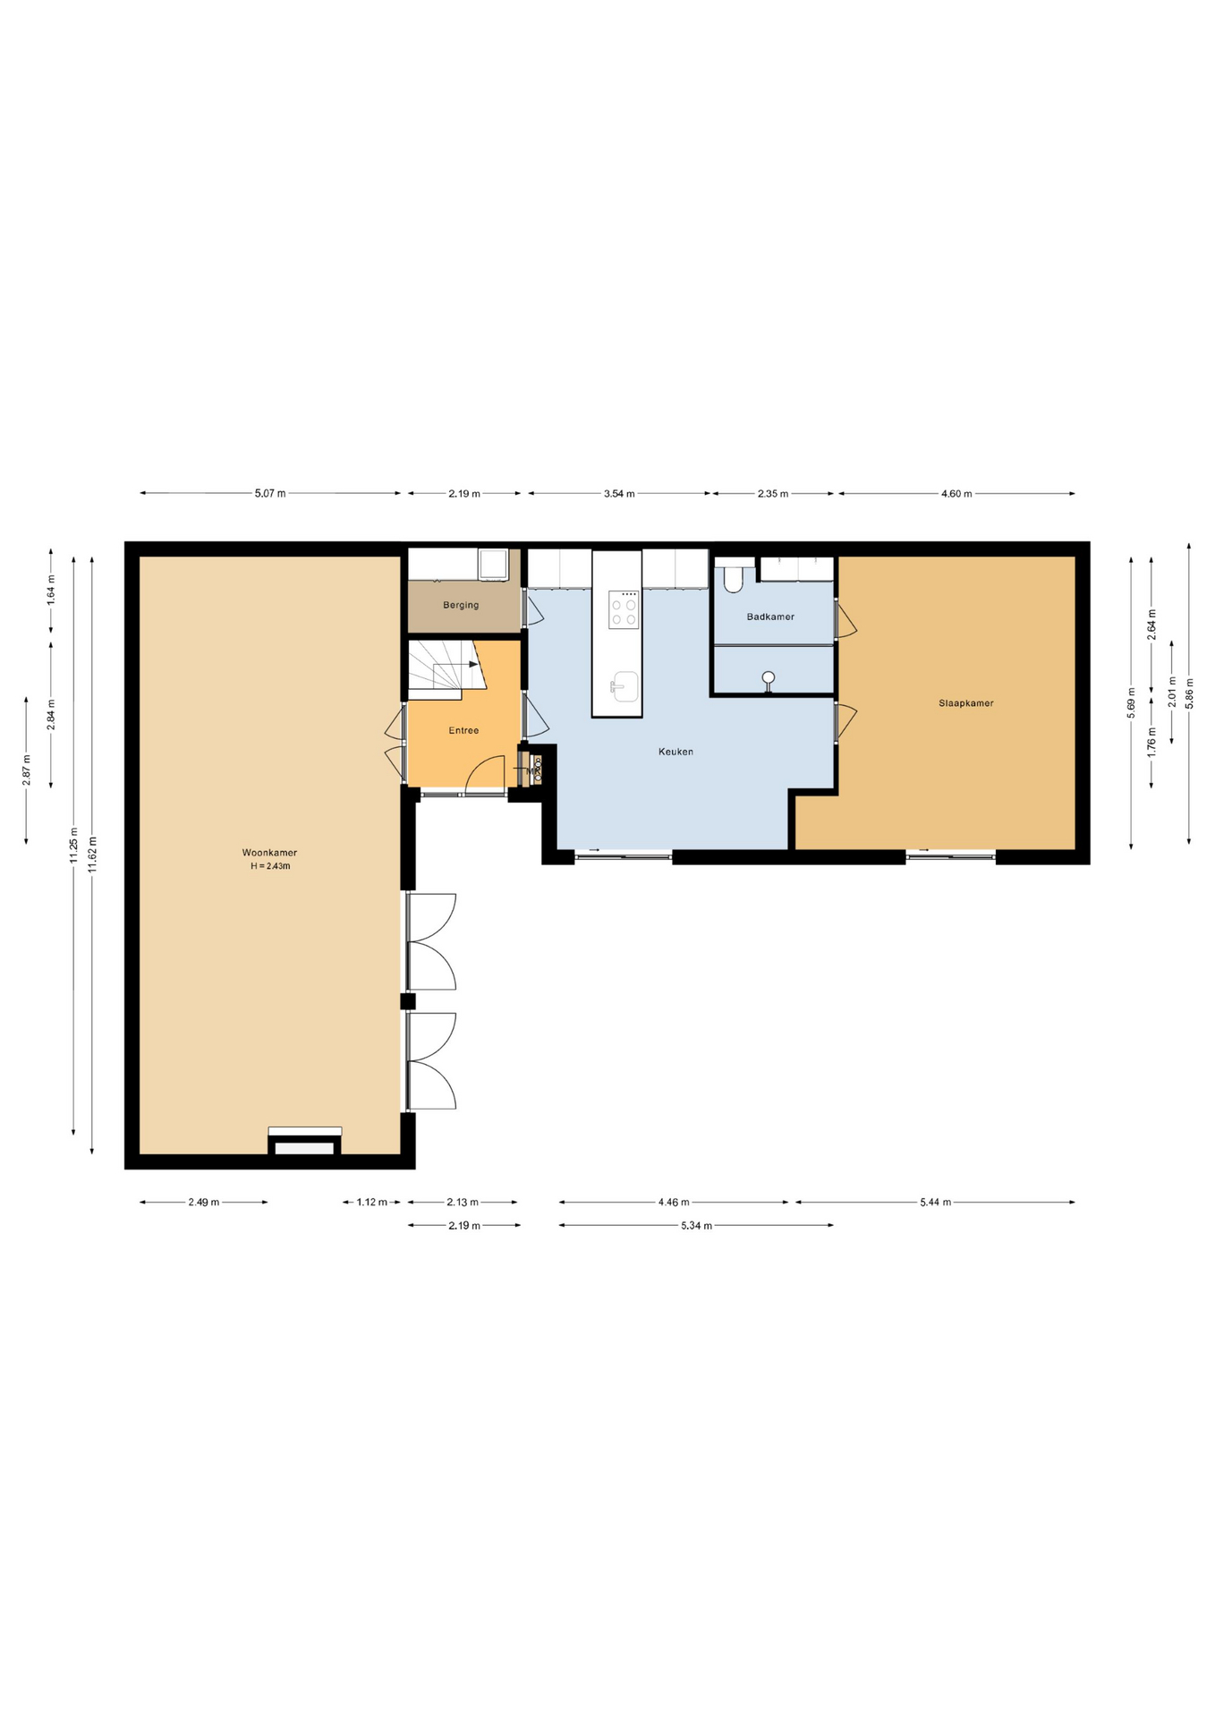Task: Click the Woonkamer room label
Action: [269, 853]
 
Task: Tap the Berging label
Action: [461, 605]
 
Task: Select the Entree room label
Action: [463, 730]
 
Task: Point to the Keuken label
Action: [675, 752]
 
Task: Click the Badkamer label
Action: [770, 617]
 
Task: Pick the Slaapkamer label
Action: [966, 703]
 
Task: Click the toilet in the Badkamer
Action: [734, 578]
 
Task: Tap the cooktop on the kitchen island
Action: [624, 609]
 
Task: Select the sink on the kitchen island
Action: [624, 686]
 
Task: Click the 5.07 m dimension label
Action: [270, 493]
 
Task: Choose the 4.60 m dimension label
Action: [956, 493]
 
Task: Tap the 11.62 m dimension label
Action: [93, 854]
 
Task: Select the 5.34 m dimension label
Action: [696, 1226]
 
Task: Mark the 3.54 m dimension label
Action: [619, 493]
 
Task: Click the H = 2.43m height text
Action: [270, 866]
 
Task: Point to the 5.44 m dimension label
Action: [935, 1203]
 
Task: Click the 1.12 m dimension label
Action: [372, 1203]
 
